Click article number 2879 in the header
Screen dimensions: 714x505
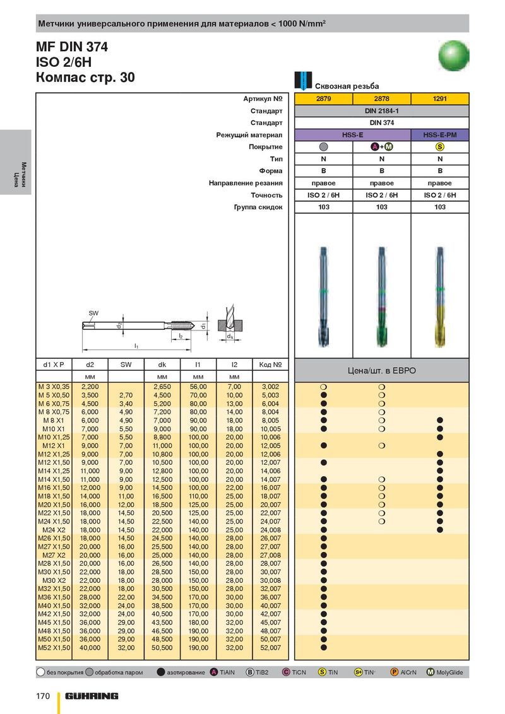(x=323, y=99)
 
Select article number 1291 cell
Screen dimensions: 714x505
(x=440, y=99)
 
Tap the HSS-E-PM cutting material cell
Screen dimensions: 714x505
(x=440, y=135)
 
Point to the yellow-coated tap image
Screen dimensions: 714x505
(x=440, y=293)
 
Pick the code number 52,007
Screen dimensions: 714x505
(x=270, y=647)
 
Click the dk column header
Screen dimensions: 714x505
(x=162, y=365)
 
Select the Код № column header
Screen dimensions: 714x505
(x=270, y=365)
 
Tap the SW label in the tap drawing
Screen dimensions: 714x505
(x=93, y=313)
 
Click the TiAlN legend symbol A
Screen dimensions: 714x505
(x=215, y=672)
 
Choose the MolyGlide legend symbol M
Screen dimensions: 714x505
(x=431, y=672)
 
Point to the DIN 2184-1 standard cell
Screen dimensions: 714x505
(x=381, y=111)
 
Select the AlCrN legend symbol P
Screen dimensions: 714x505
(x=395, y=672)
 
